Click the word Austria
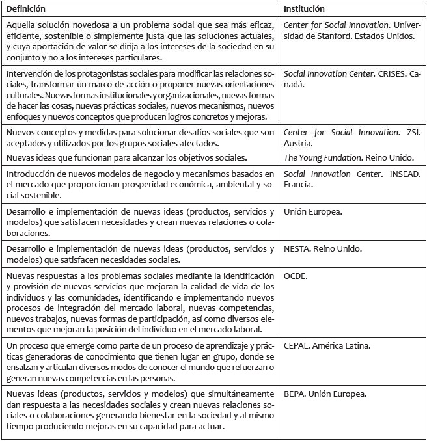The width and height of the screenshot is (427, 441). [x=298, y=143]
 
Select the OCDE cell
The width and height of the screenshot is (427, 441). [x=296, y=276]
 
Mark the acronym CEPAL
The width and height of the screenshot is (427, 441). [x=297, y=345]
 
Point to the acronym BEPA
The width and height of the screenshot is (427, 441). [x=296, y=394]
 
